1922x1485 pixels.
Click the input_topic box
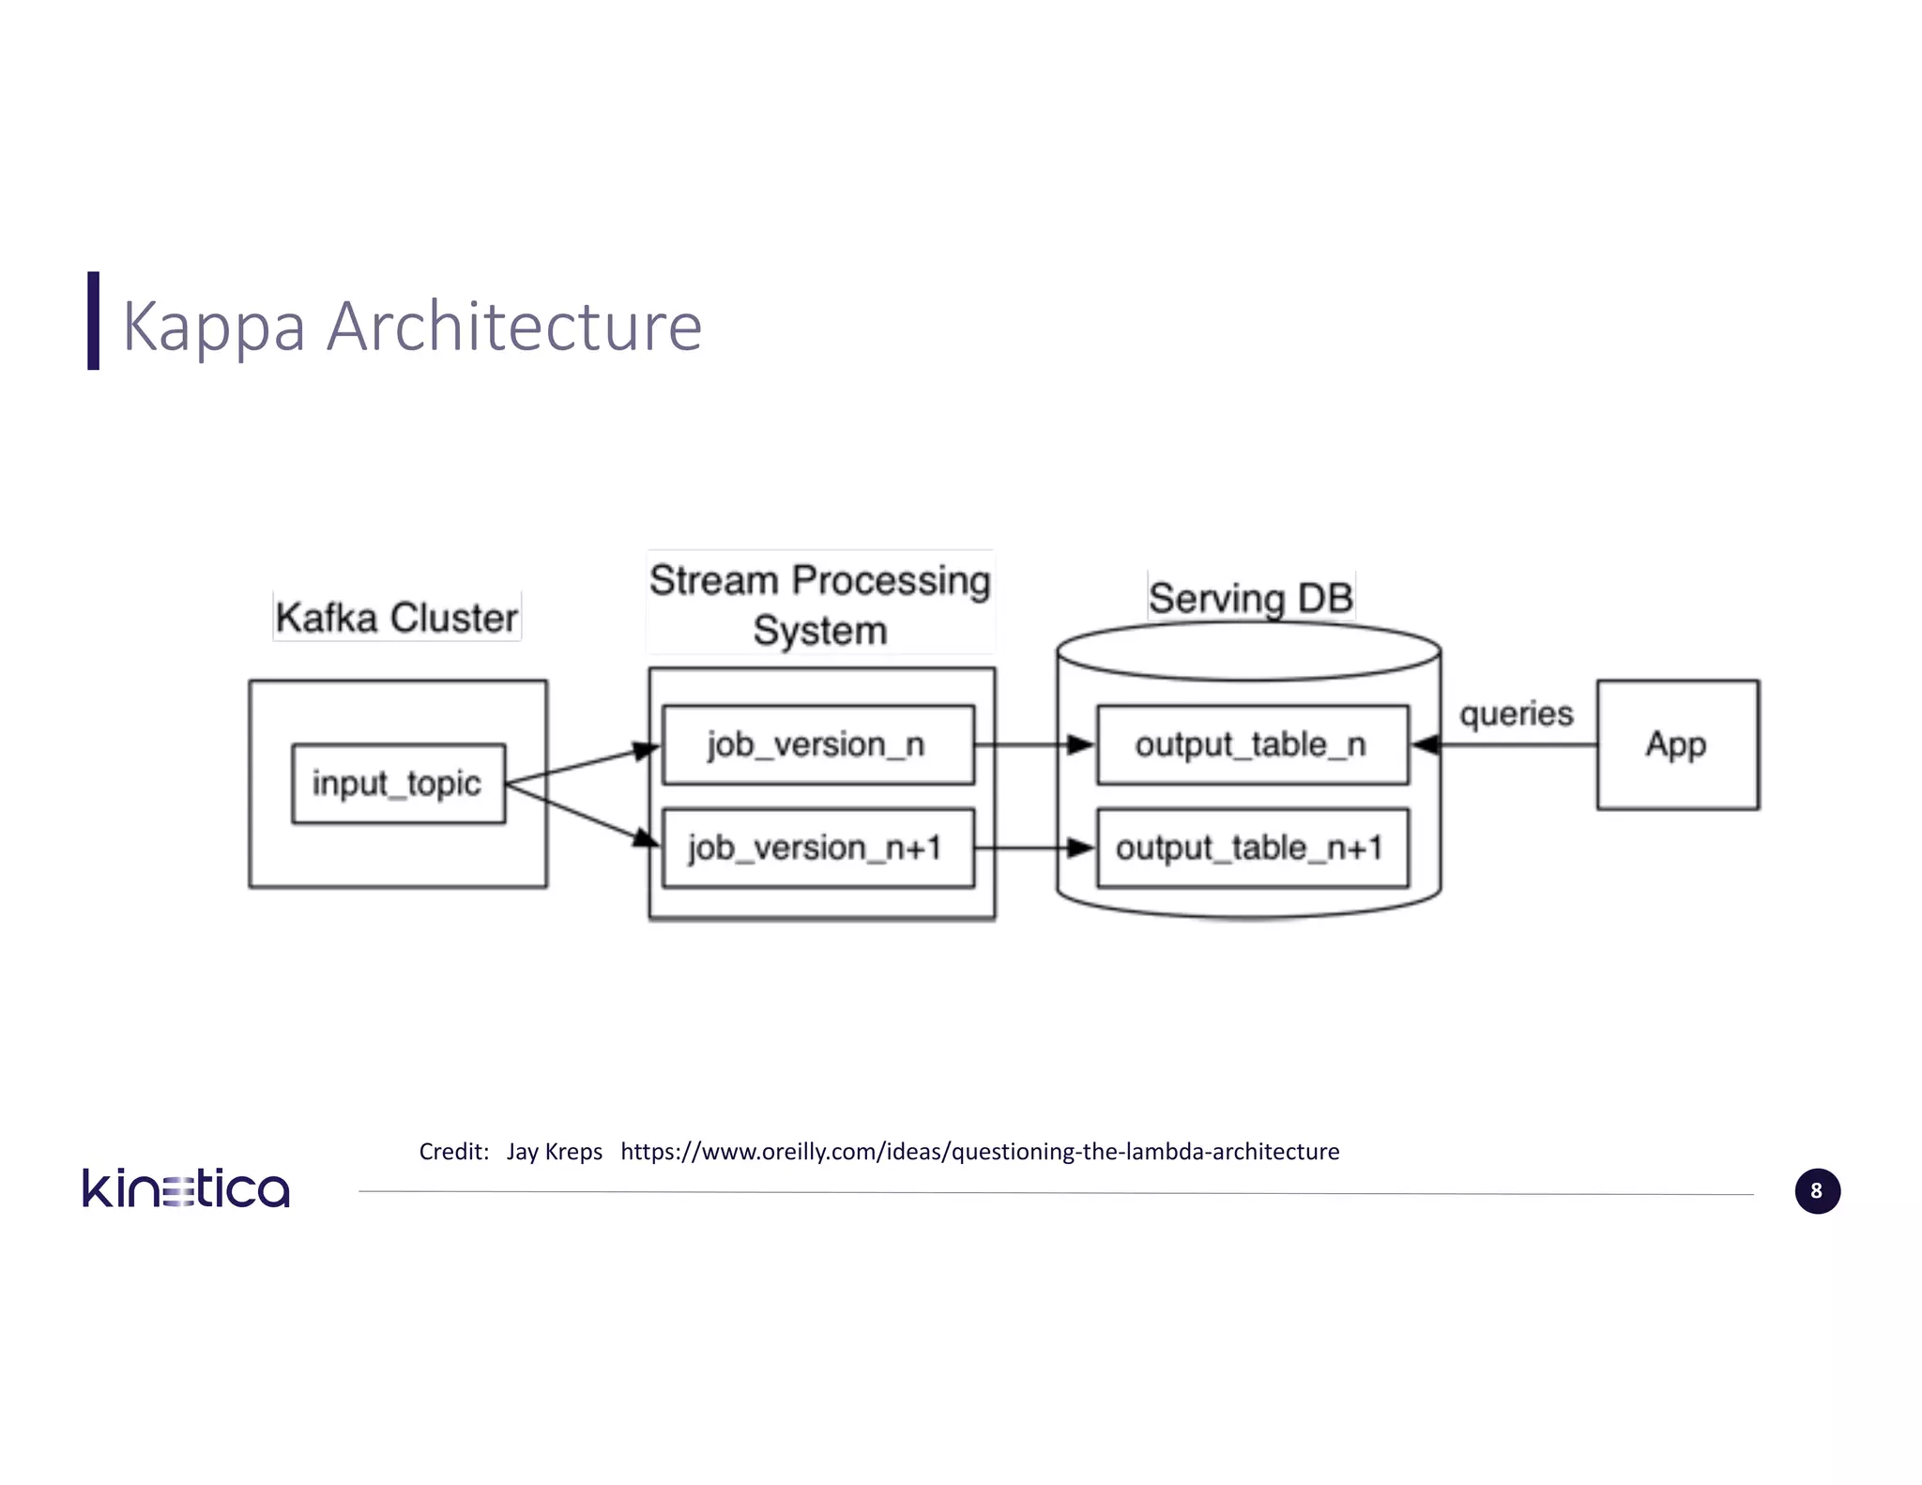pos(398,784)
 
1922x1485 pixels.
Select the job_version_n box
pos(817,744)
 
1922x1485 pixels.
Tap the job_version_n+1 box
pos(817,848)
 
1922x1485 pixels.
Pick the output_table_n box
pos(1252,744)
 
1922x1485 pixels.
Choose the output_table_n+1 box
pos(1252,848)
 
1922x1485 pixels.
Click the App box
pos(1677,744)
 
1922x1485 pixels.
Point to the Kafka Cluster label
pos(396,617)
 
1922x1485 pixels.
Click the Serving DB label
pos(1251,597)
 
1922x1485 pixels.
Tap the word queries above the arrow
pos(1516,713)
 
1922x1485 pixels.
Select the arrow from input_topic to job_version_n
pos(582,764)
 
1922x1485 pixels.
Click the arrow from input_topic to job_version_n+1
pos(582,813)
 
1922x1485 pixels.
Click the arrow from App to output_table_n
pos(1511,744)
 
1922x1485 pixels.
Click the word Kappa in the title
pos(214,327)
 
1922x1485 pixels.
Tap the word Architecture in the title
pos(514,327)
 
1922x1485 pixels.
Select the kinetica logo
pos(186,1188)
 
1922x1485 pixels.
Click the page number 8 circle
pos(1817,1190)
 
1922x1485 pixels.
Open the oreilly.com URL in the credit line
pos(980,1151)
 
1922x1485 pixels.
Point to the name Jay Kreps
pos(554,1151)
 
